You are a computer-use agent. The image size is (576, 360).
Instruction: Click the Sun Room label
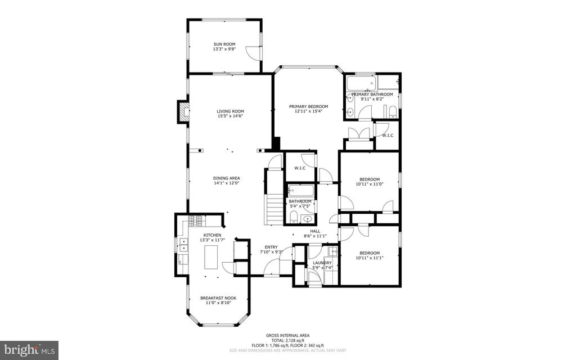point(224,44)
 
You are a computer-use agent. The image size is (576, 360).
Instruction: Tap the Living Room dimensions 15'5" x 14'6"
point(230,116)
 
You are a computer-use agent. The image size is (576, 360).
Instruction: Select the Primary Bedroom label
point(308,106)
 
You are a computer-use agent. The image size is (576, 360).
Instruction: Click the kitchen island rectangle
point(210,258)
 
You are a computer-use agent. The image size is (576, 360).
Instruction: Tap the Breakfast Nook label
point(218,298)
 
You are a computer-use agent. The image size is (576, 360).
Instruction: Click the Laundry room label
point(322,263)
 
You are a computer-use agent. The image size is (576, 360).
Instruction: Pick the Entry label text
point(271,247)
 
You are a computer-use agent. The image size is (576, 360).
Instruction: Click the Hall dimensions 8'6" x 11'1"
point(315,236)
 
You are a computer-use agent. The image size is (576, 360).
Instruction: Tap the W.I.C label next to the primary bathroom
point(387,135)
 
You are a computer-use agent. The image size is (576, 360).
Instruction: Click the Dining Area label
point(227,178)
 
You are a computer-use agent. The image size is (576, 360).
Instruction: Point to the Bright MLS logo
point(29,349)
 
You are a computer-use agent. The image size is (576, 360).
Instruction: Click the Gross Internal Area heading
point(287,335)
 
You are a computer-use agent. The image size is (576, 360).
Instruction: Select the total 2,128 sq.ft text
point(287,340)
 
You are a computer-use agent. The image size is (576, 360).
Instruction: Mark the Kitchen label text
point(212,235)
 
